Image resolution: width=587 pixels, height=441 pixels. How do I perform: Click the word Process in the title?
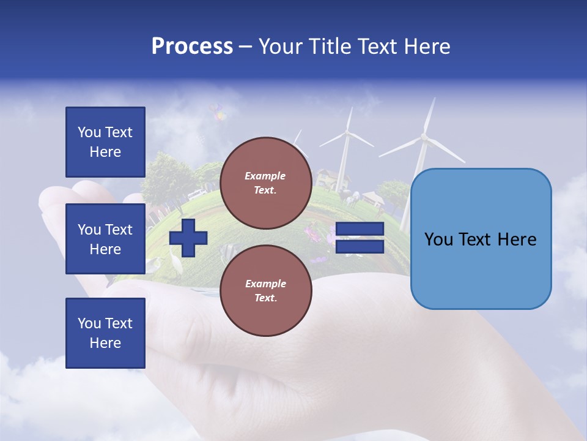(x=192, y=47)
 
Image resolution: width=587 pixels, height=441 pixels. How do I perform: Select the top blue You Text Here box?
(x=105, y=142)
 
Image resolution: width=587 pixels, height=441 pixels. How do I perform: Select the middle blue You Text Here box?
(x=105, y=239)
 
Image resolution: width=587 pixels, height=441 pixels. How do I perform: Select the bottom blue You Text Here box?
(x=105, y=333)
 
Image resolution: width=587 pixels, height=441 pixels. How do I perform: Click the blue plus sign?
(x=188, y=238)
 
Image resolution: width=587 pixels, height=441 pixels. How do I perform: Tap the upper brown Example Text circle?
(x=265, y=183)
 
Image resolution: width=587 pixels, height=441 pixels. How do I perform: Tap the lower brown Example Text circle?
(x=265, y=290)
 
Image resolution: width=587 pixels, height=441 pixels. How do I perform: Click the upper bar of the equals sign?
(x=360, y=229)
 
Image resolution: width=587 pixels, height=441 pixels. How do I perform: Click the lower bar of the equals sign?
(x=360, y=247)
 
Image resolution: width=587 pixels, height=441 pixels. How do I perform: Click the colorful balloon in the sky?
(x=218, y=112)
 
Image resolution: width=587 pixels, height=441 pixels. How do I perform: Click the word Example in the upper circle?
(x=265, y=176)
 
